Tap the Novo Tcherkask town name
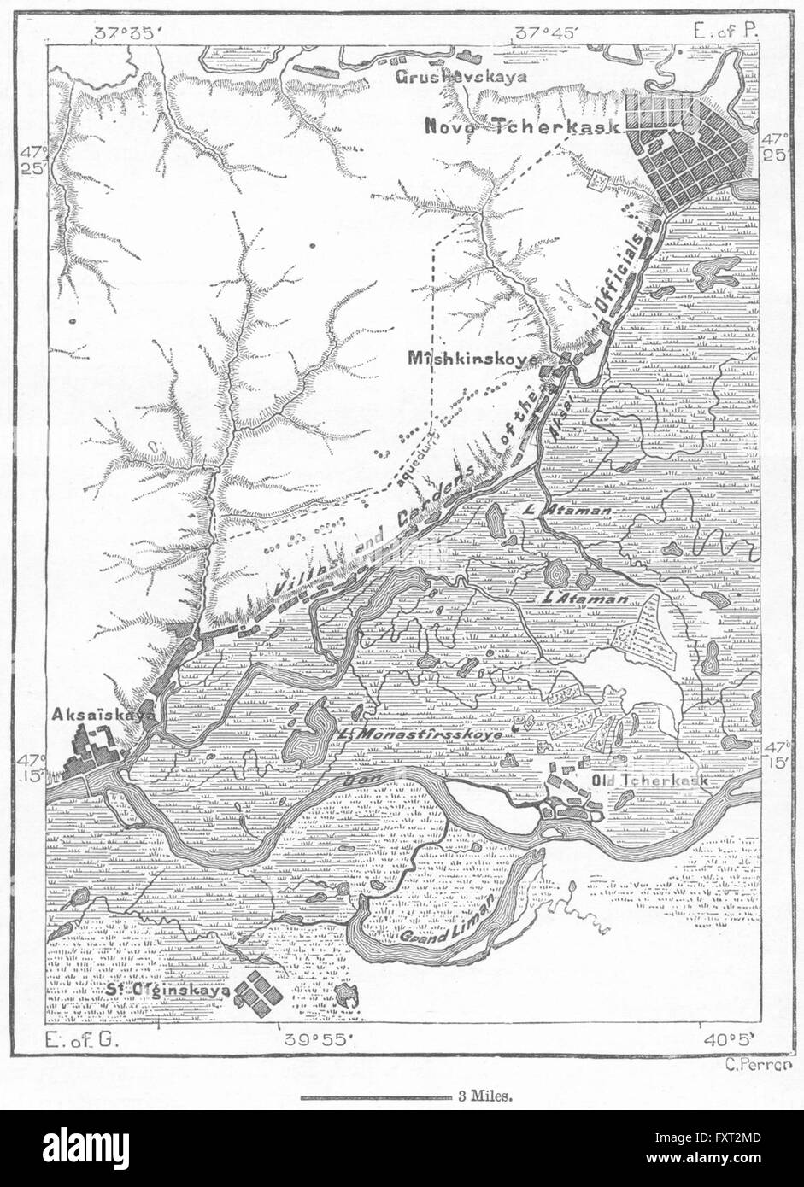click(523, 126)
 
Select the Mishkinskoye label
click(472, 360)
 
